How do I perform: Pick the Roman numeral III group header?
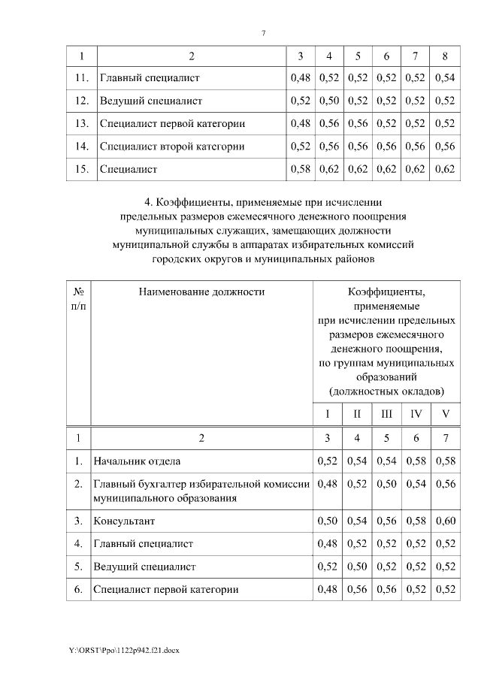(x=386, y=414)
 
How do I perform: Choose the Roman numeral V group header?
(x=445, y=414)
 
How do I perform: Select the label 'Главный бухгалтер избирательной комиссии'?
(x=201, y=484)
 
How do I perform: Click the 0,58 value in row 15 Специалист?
(x=300, y=169)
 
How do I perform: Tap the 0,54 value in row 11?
(x=445, y=77)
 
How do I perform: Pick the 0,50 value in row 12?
(x=328, y=100)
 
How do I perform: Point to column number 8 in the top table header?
(x=445, y=56)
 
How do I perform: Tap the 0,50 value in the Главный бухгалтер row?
(x=386, y=484)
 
